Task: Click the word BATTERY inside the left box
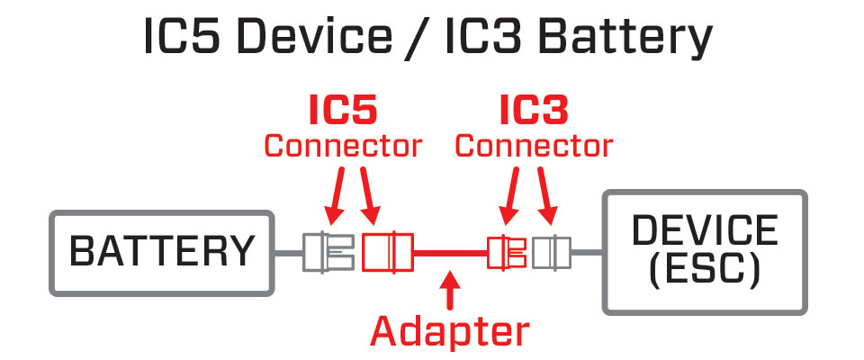[x=162, y=252]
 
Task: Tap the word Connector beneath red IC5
[x=342, y=145]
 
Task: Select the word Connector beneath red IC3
[x=534, y=145]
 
